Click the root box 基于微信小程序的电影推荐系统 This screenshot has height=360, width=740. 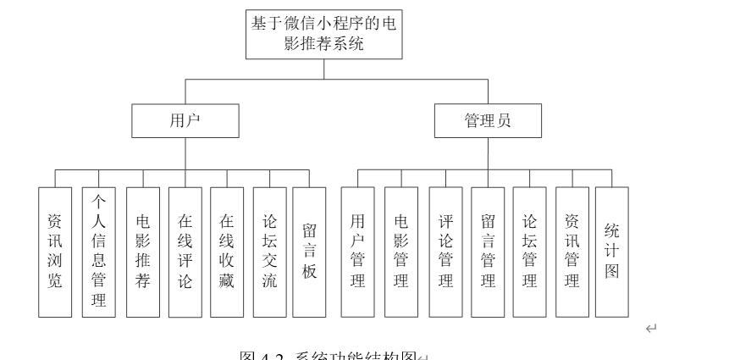point(323,34)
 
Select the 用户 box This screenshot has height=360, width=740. point(185,121)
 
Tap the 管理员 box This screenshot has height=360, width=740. point(488,121)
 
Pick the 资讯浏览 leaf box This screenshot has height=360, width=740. point(55,252)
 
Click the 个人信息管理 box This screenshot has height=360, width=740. point(98,252)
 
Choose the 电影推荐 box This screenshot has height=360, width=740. point(143,252)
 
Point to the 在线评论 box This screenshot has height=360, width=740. point(185,252)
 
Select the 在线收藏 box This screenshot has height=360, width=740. point(227,252)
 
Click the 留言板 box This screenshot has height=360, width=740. point(309,252)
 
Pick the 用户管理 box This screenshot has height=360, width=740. point(357,252)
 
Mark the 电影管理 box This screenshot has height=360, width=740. point(401,252)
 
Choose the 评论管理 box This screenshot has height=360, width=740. point(445,252)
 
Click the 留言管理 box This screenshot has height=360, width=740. point(487,252)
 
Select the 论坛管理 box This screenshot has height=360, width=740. point(529,252)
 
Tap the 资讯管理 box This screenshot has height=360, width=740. point(572,252)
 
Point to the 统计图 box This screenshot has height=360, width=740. point(612,252)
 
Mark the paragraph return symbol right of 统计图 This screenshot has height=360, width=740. point(650,328)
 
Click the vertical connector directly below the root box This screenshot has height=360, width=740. point(323,69)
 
